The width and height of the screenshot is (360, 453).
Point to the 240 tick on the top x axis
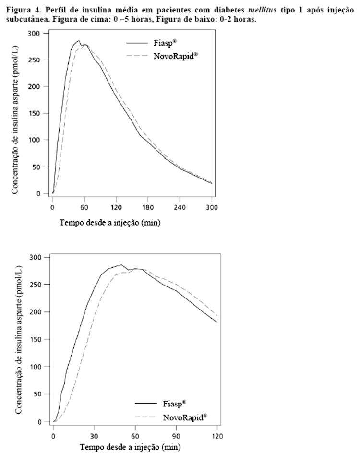point(180,207)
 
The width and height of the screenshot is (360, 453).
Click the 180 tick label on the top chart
point(148,207)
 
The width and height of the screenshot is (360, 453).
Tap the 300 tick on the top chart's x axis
point(212,207)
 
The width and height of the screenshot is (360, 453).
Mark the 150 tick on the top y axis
point(40,113)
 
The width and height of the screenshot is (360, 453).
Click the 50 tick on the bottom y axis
point(42,394)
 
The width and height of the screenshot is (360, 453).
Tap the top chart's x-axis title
point(110,223)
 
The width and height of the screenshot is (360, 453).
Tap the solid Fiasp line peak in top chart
point(78,41)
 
